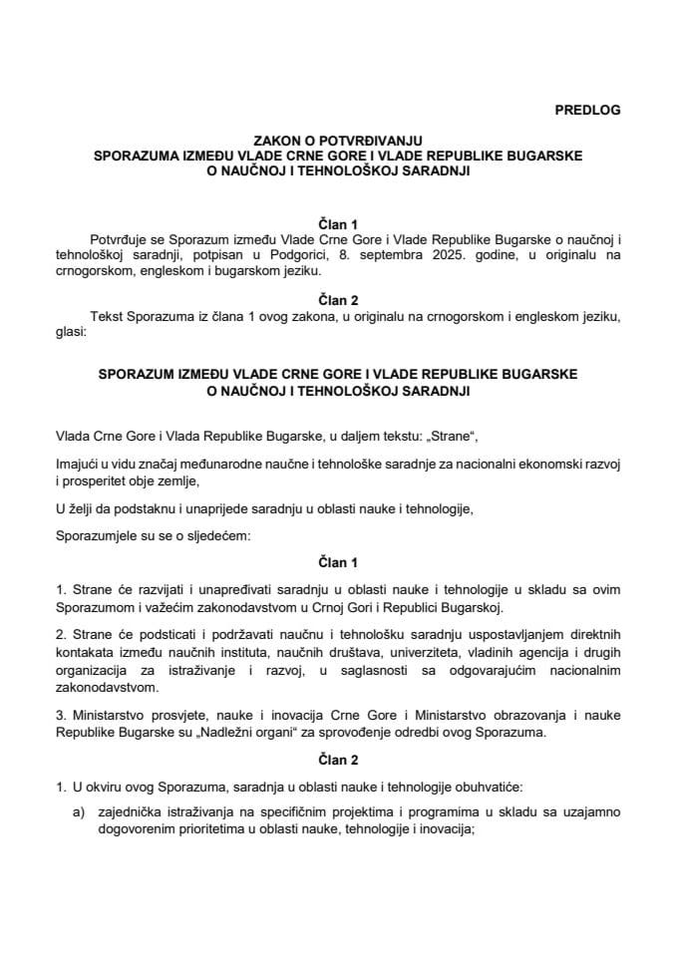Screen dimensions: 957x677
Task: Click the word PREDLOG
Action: point(587,111)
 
